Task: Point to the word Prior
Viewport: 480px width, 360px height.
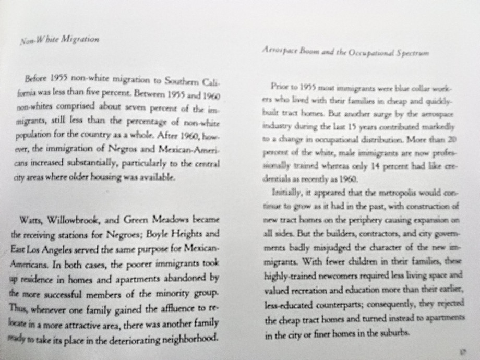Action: pyautogui.click(x=281, y=86)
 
